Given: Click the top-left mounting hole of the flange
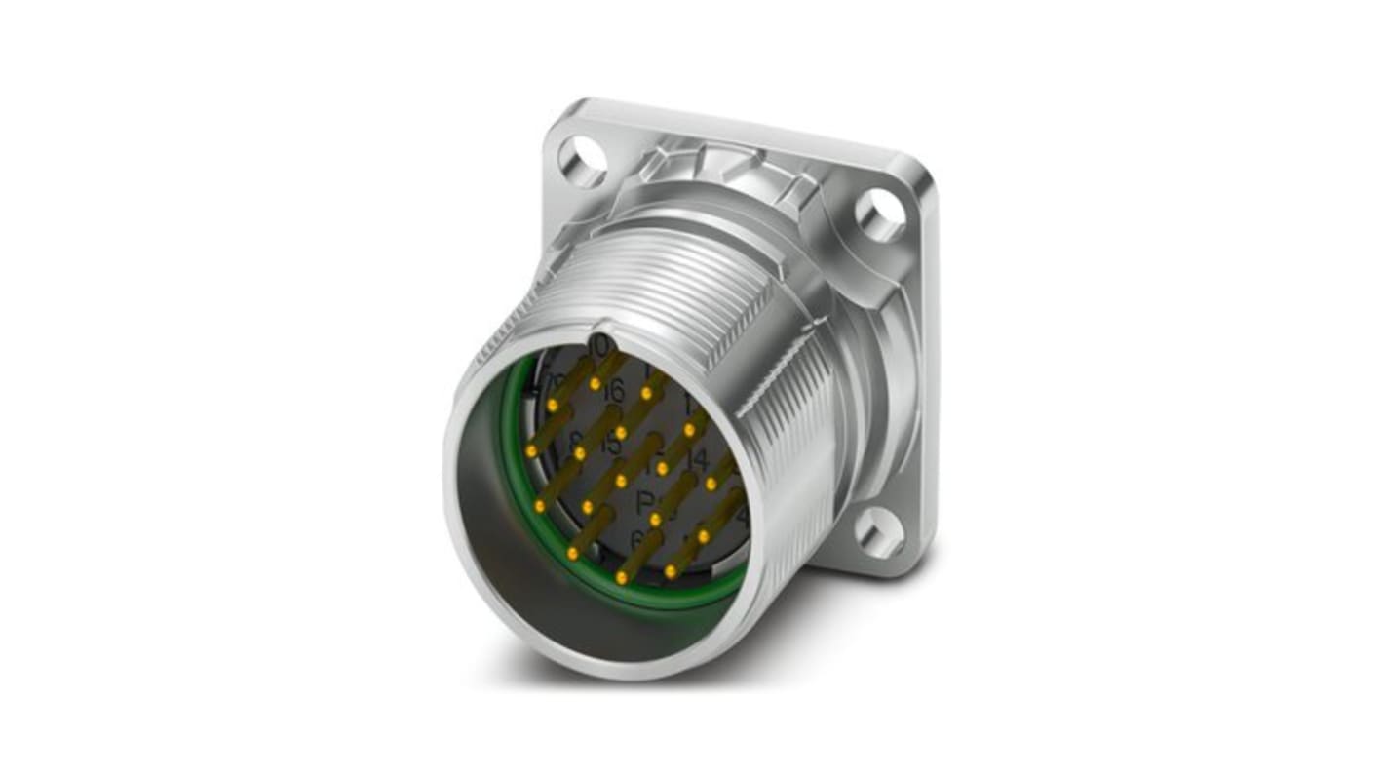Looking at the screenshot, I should click(x=583, y=162).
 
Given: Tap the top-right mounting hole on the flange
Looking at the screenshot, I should click(x=879, y=215).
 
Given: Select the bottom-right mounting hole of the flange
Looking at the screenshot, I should click(x=880, y=534).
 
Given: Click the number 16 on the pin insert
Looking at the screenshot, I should click(x=612, y=392).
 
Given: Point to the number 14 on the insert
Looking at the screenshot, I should click(x=696, y=459).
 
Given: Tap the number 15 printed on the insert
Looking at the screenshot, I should click(x=610, y=444).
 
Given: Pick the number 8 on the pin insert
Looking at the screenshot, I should click(x=575, y=440).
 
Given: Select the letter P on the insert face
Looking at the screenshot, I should click(x=644, y=503).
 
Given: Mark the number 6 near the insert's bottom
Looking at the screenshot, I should click(x=638, y=538).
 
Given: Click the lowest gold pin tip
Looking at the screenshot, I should click(x=621, y=577).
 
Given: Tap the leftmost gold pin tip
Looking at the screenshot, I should click(x=532, y=451).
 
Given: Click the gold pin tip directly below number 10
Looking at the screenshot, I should click(x=596, y=384).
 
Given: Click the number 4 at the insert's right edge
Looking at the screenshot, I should click(x=742, y=515).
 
